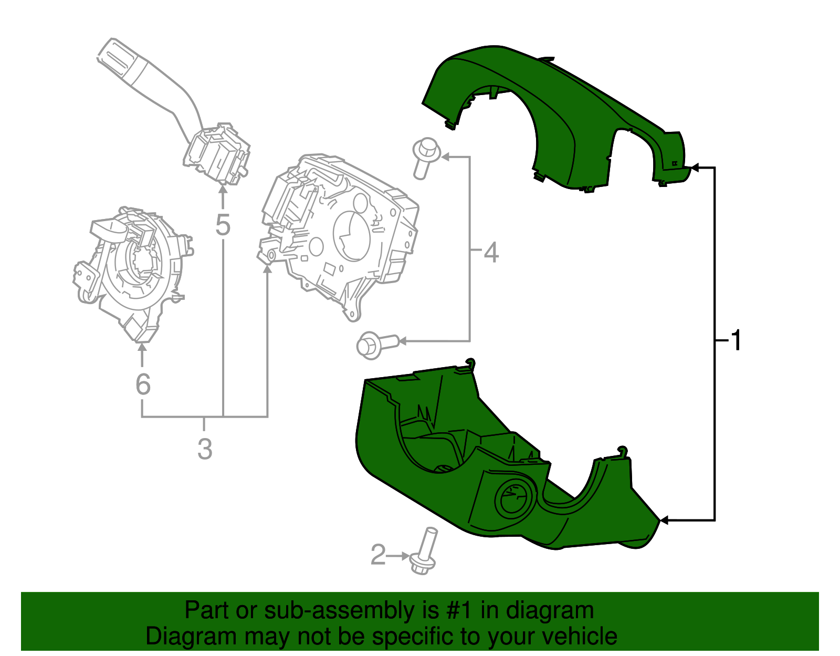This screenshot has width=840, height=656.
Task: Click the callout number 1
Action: pyautogui.click(x=737, y=340)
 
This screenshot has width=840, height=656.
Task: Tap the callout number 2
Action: pyautogui.click(x=378, y=555)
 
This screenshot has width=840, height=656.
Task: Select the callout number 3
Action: pyautogui.click(x=205, y=450)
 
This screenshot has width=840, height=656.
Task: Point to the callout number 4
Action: pyautogui.click(x=491, y=253)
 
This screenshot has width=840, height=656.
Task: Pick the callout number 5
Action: pyautogui.click(x=223, y=225)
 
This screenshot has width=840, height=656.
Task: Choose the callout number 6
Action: pyautogui.click(x=143, y=384)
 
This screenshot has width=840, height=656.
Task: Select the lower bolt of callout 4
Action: pyautogui.click(x=376, y=345)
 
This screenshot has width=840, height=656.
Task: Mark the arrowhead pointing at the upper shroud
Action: pyautogui.click(x=695, y=168)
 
